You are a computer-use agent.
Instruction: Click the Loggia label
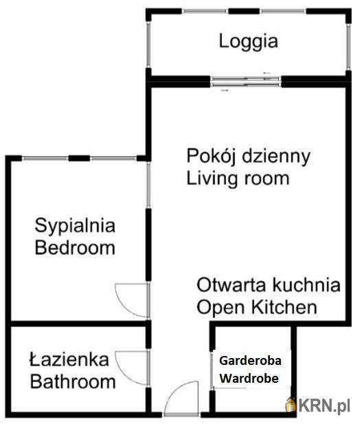(x=249, y=42)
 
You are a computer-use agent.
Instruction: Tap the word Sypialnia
(x=75, y=227)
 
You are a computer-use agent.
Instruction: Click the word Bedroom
(x=75, y=247)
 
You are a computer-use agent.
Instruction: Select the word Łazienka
(x=69, y=359)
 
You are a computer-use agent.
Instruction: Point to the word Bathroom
(x=73, y=381)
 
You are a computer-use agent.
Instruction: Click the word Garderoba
(x=250, y=361)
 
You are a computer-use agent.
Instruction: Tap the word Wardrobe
(x=249, y=378)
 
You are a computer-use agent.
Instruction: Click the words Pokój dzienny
(x=249, y=157)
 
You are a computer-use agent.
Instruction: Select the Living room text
(x=238, y=178)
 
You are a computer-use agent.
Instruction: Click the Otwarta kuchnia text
(x=269, y=284)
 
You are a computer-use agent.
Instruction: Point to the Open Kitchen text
(x=257, y=307)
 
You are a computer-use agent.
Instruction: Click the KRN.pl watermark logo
(x=318, y=405)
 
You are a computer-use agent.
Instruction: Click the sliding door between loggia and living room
(x=246, y=82)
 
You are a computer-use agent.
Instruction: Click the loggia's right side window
(x=348, y=47)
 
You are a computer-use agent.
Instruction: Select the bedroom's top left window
(x=45, y=159)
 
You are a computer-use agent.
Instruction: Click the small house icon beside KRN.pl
(x=291, y=405)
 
